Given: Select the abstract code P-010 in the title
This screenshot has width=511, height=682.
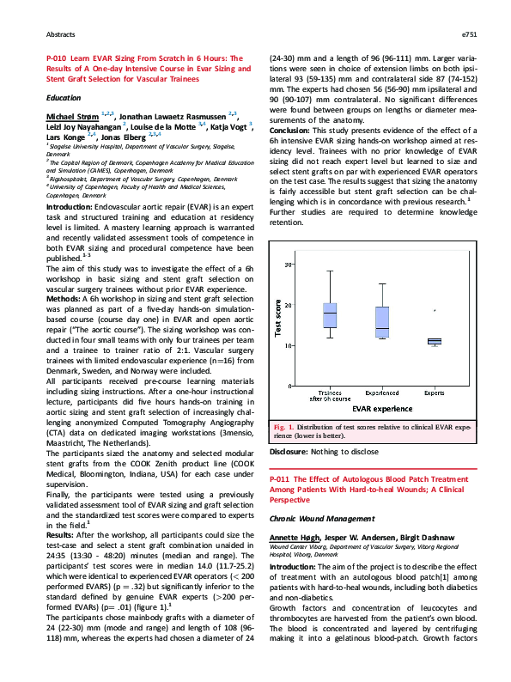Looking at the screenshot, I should [55, 58].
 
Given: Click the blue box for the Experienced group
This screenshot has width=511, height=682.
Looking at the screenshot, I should [382, 322].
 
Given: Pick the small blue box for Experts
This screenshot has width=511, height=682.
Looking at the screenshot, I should [435, 341].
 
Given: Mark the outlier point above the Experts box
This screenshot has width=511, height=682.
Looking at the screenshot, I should [435, 310].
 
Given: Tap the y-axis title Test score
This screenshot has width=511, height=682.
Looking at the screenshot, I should [277, 317].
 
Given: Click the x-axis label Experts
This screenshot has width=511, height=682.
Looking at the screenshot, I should [435, 393].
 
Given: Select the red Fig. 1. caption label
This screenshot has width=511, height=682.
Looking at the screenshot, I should [284, 427].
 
